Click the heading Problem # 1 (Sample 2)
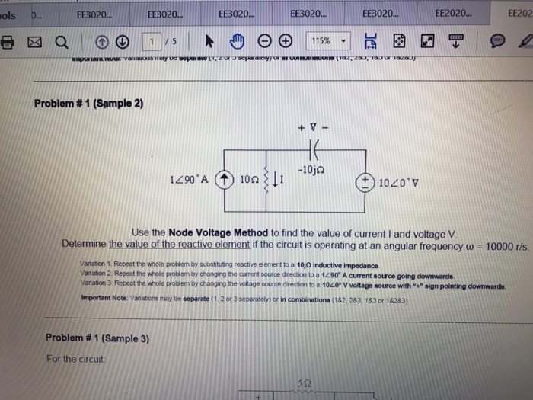[x=89, y=103]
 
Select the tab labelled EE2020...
[x=455, y=13]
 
